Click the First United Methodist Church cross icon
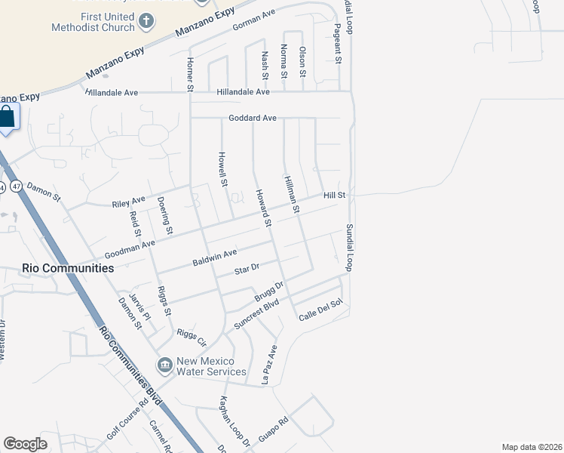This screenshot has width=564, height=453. pyautogui.click(x=146, y=21)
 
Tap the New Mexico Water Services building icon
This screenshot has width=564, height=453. pyautogui.click(x=164, y=365)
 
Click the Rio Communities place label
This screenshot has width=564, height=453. pyautogui.click(x=68, y=268)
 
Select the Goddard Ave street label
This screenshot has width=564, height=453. pyautogui.click(x=253, y=119)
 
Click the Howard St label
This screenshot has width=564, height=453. pyautogui.click(x=262, y=208)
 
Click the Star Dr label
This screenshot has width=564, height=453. pyautogui.click(x=247, y=269)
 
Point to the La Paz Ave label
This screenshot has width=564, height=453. pyautogui.click(x=270, y=365)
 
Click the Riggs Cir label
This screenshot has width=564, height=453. pyautogui.click(x=191, y=336)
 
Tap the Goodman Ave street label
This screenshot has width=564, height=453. pyautogui.click(x=130, y=248)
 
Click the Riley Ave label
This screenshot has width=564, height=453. pyautogui.click(x=128, y=202)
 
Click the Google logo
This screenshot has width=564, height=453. pyautogui.click(x=26, y=444)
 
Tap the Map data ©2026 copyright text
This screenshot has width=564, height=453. pyautogui.click(x=531, y=447)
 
